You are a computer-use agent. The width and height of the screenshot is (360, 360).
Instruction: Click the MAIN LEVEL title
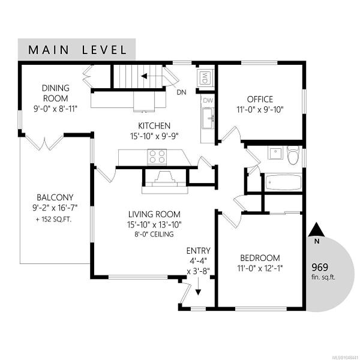pos(77,50)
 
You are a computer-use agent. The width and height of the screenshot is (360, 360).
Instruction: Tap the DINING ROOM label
pos(56,93)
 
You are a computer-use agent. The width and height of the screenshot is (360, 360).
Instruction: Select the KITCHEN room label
pos(154,126)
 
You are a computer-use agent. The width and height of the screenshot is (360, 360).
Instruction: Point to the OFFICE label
pos(260,99)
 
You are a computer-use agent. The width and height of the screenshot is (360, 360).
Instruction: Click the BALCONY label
pos(55,197)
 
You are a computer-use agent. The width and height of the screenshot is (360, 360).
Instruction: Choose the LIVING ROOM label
pos(154,214)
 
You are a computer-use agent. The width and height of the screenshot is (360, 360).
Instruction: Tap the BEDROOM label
pos(260,258)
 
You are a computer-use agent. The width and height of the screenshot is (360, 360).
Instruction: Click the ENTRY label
pos(199,250)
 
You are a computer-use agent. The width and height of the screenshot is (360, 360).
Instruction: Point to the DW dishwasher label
pos(208,100)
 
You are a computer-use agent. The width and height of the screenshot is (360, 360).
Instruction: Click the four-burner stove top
pos(157,157)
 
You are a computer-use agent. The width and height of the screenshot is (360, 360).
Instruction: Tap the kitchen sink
pos(208,118)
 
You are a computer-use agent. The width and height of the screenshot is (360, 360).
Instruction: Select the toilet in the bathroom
pos(293,155)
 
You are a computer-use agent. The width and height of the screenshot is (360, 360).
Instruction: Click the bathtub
pos(283,182)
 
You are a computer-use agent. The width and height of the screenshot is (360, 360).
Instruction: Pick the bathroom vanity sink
pos(275,153)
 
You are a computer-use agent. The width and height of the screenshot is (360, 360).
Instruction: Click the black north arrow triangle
pos(317,229)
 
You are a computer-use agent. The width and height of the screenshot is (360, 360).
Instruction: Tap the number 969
pos(320,267)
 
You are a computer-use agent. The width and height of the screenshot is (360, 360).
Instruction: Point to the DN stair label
pos(181,92)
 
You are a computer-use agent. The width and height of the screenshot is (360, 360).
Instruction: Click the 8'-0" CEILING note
pos(154,234)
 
